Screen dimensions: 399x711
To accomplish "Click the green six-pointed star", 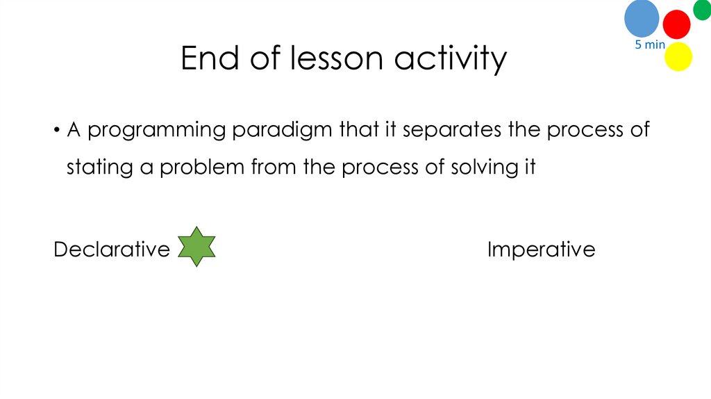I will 196,247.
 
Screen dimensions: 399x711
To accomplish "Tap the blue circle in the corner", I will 642,18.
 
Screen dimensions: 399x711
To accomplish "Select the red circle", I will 676,24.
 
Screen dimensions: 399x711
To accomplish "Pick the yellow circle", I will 678,56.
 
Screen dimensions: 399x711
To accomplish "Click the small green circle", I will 702,9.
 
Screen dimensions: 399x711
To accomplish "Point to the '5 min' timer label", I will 650,45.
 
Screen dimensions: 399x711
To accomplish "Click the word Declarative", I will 112,249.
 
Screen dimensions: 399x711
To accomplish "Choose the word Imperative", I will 541,249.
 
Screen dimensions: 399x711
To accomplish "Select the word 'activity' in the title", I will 451,60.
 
